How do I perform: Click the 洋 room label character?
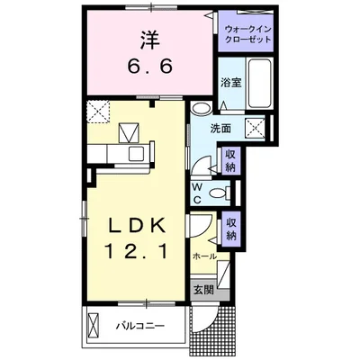149,40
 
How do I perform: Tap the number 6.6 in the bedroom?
150,66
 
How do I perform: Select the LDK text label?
137,226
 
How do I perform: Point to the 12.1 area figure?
136,251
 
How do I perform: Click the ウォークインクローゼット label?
248,34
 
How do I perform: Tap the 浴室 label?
231,83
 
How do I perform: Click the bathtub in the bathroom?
260,83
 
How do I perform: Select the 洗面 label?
220,129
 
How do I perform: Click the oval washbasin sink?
201,108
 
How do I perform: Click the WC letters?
197,194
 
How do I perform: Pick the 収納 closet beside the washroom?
230,161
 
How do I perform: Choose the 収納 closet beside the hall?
230,229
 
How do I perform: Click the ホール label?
204,257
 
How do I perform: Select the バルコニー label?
140,326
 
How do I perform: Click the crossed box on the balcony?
94,326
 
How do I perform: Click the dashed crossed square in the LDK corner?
98,112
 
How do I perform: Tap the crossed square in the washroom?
256,129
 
